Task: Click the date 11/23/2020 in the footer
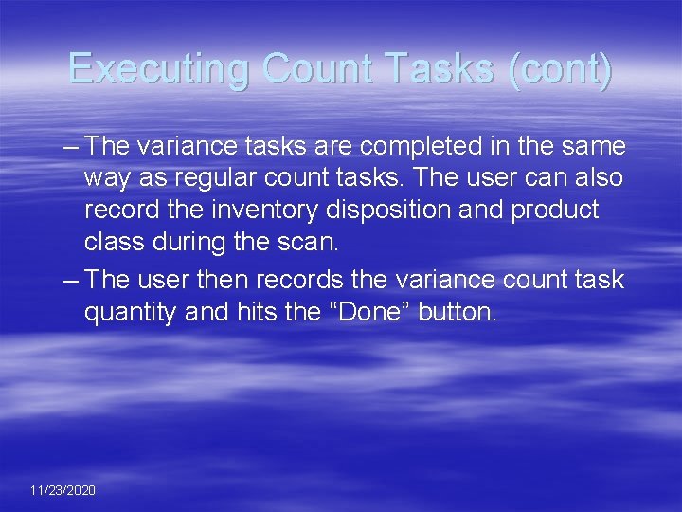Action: coord(63,490)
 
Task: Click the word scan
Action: coord(309,241)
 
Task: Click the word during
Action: coord(189,241)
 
